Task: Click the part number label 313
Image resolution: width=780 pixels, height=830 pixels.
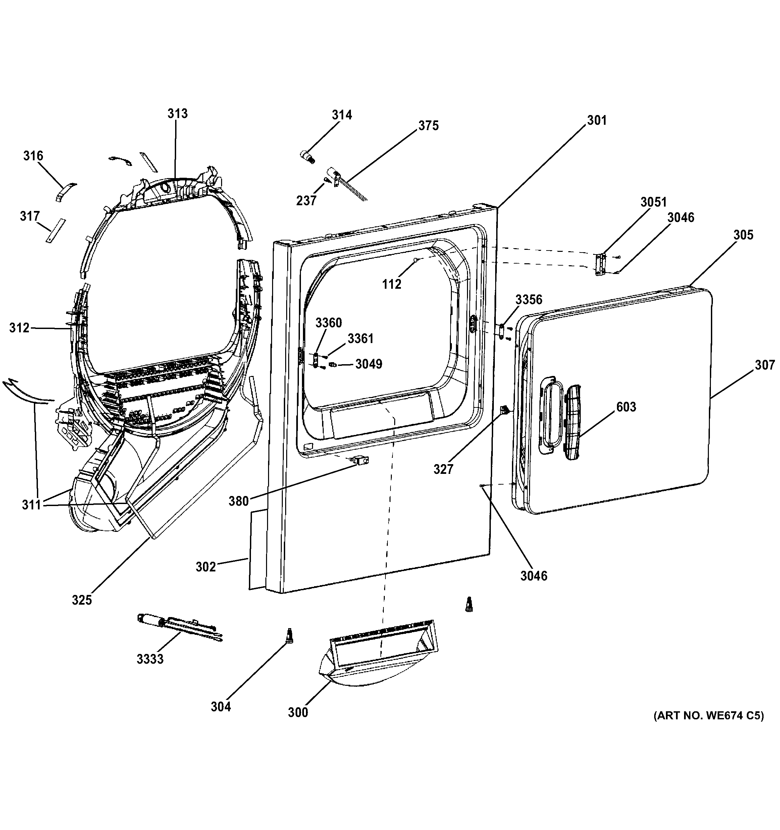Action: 177,114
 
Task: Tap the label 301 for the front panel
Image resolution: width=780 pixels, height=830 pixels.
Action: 597,120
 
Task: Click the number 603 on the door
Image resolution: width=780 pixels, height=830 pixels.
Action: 626,407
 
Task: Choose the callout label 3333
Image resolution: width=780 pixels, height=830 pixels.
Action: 150,659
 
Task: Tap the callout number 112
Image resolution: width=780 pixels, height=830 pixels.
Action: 392,284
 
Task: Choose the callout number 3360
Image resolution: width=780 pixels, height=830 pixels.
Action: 329,322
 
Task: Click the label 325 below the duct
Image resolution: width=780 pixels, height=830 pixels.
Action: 82,600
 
